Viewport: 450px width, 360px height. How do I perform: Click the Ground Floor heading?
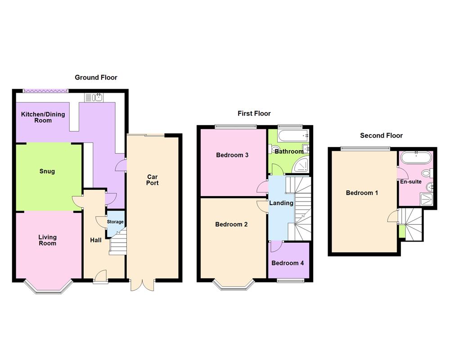click(96, 77)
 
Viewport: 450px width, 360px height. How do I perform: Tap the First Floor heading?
click(254, 113)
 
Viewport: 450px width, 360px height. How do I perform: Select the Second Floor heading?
click(381, 135)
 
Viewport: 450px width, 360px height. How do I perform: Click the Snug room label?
click(47, 171)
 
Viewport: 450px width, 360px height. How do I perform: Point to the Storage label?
click(115, 222)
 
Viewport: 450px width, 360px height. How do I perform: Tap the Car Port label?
click(153, 180)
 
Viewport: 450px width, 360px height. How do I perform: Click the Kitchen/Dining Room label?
click(43, 117)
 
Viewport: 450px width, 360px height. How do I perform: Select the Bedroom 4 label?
click(288, 263)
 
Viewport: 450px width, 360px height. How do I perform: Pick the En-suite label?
click(411, 182)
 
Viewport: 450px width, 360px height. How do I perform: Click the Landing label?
click(281, 203)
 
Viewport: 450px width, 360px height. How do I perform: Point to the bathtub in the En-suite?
click(416, 157)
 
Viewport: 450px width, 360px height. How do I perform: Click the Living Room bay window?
click(48, 288)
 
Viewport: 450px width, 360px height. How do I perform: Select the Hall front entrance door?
click(100, 276)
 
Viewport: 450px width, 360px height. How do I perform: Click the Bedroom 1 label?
click(362, 193)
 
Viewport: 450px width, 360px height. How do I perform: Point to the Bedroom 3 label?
click(232, 155)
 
